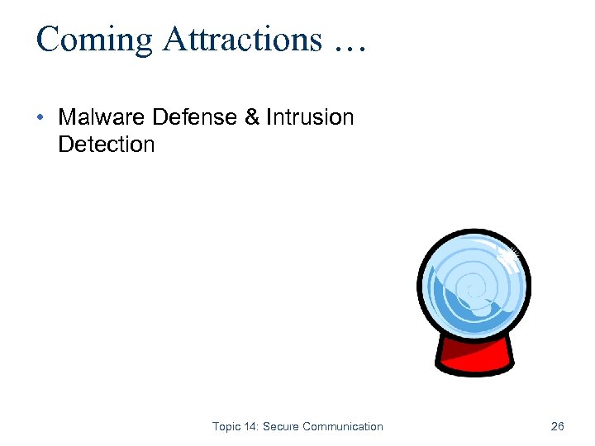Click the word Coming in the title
[x=91, y=40]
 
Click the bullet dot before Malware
[x=40, y=117]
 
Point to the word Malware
[x=102, y=117]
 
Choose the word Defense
[x=195, y=117]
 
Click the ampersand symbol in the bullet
[x=252, y=117]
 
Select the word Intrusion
[x=310, y=117]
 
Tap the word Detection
[x=106, y=145]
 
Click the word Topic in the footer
[x=226, y=427]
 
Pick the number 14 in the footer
[x=250, y=427]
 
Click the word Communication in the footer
[x=343, y=427]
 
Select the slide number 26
[x=557, y=427]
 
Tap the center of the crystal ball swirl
[x=472, y=289]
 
